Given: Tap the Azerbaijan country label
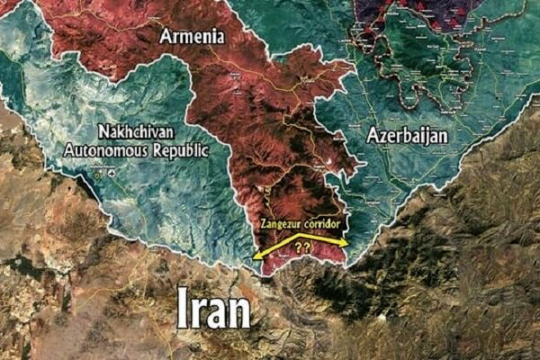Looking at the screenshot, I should (x=409, y=135).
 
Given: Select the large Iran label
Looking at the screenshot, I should (x=213, y=309).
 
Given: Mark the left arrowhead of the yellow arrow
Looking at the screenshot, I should (x=256, y=256).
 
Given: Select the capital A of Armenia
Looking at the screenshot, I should (x=166, y=36).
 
